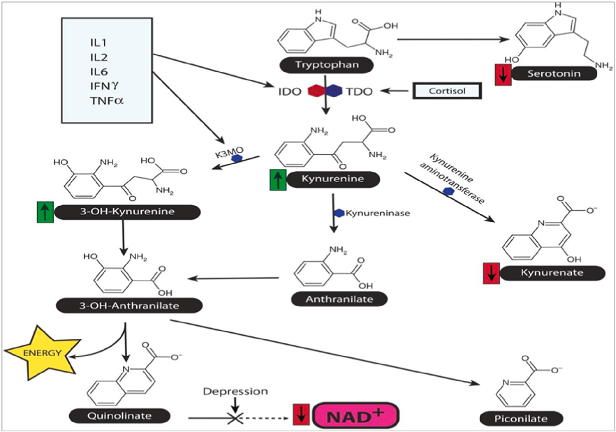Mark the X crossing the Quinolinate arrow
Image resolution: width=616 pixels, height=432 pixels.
coord(235,417)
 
